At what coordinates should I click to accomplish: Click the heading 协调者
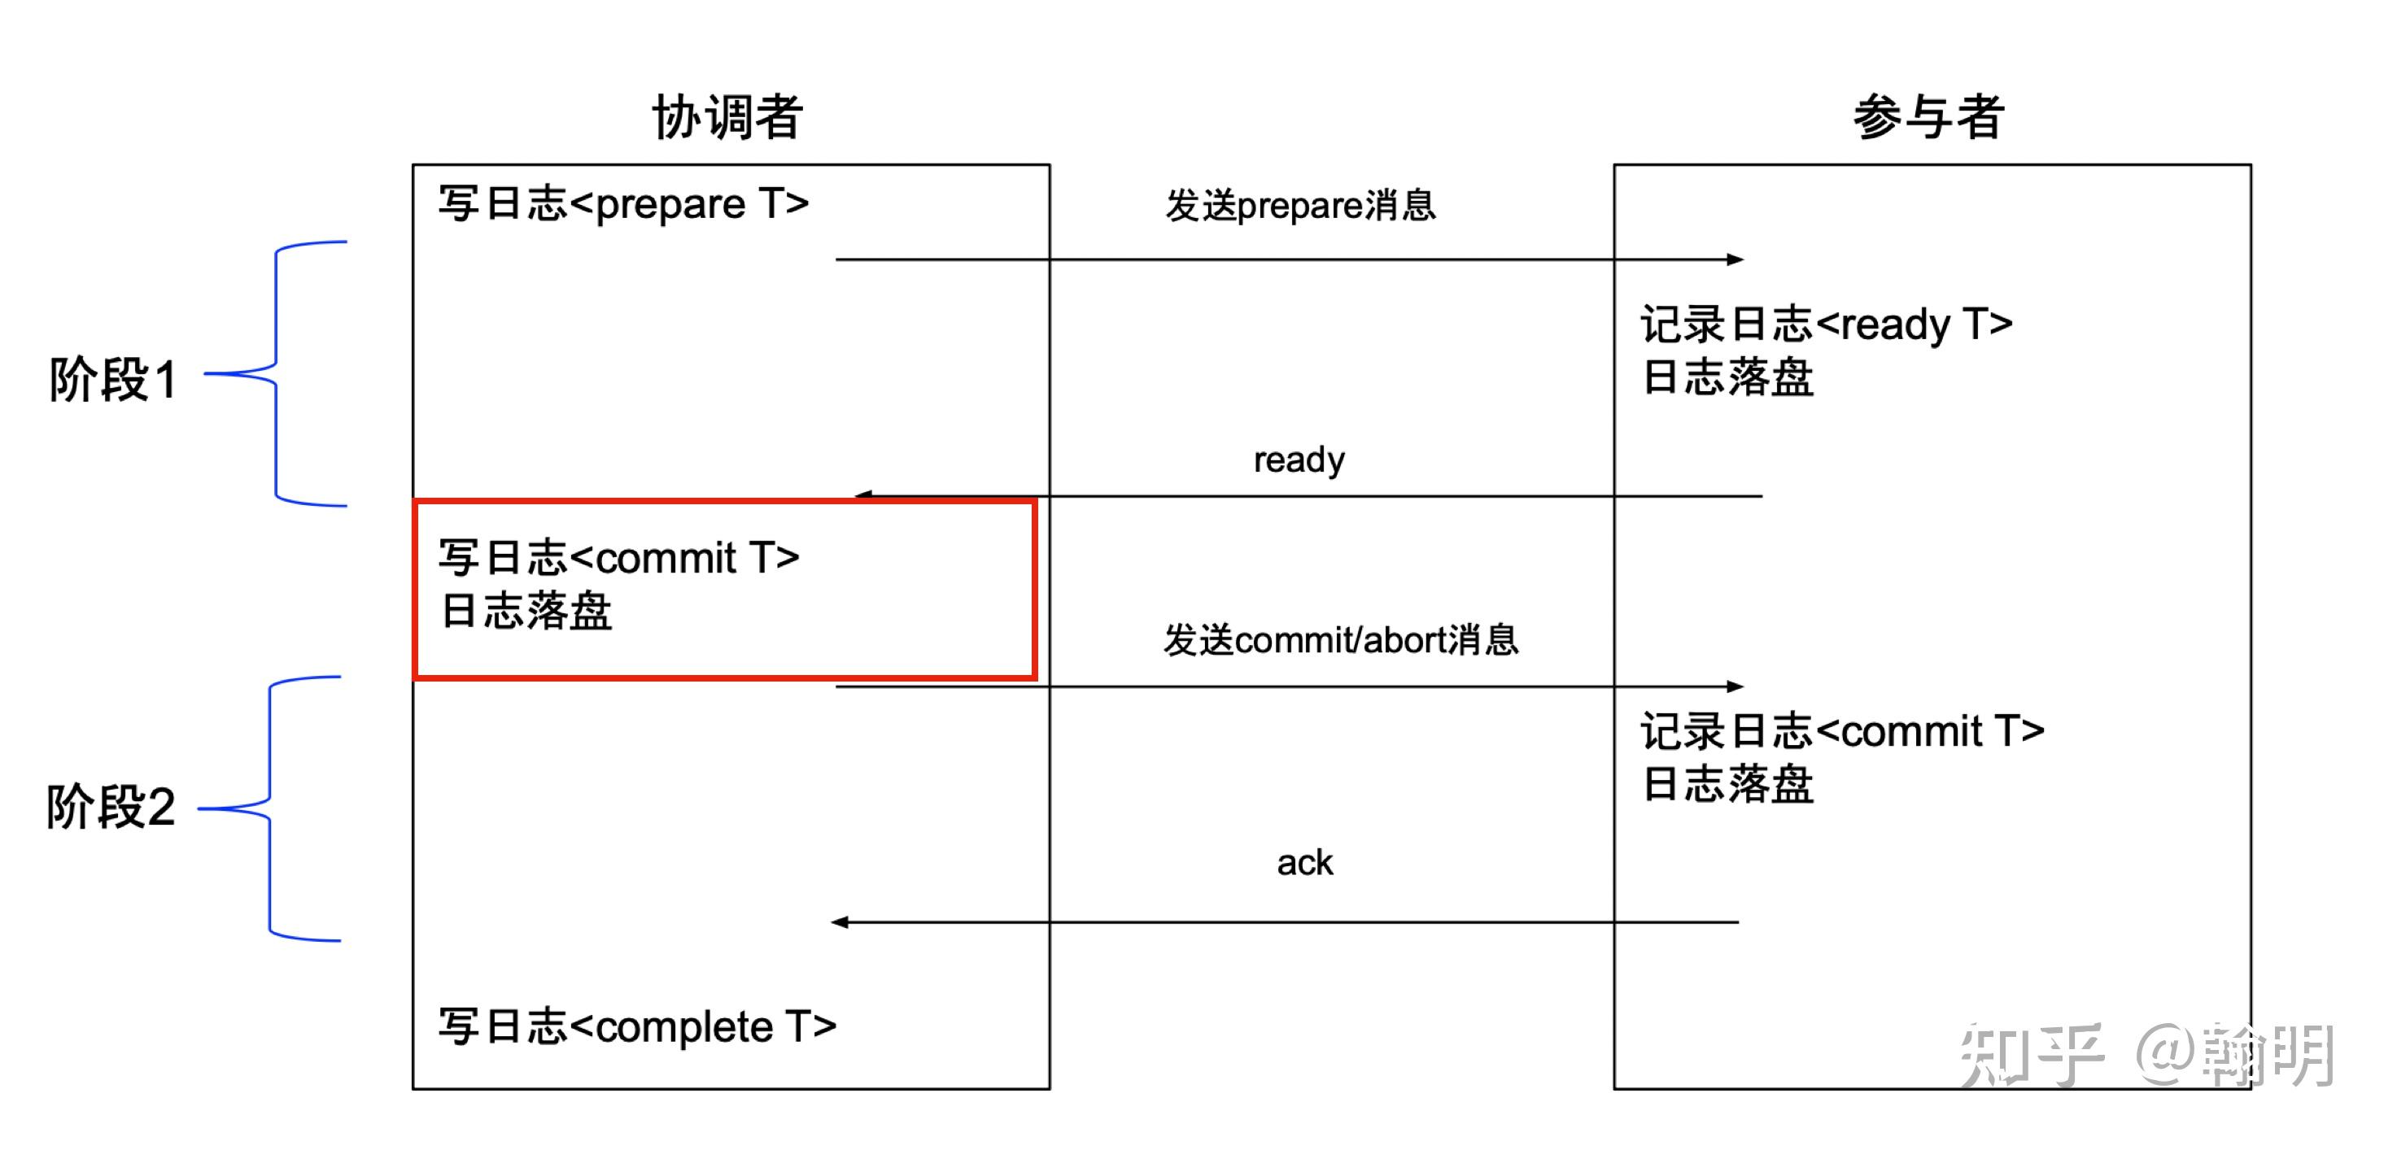pyautogui.click(x=727, y=118)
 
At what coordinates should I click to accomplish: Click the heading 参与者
pyautogui.click(x=1928, y=118)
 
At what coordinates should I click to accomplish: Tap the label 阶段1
pyautogui.click(x=112, y=380)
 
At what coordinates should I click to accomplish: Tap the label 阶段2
pyautogui.click(x=111, y=806)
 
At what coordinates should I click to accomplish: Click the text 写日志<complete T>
pyautogui.click(x=637, y=1027)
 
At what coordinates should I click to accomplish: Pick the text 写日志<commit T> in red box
pyautogui.click(x=619, y=558)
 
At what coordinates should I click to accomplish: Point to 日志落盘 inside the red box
pyautogui.click(x=526, y=612)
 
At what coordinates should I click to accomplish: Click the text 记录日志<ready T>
pyautogui.click(x=1826, y=325)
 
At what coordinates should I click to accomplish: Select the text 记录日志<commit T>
pyautogui.click(x=1841, y=731)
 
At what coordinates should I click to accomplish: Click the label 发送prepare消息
pyautogui.click(x=1300, y=206)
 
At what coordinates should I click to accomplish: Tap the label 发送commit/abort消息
pyautogui.click(x=1340, y=640)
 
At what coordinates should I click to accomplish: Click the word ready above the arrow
pyautogui.click(x=1299, y=460)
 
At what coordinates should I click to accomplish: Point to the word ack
pyautogui.click(x=1304, y=862)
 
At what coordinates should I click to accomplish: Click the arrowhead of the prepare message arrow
pyautogui.click(x=1736, y=259)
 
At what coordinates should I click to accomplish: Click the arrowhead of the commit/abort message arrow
pyautogui.click(x=1736, y=686)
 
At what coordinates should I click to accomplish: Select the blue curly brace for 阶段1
pyautogui.click(x=277, y=373)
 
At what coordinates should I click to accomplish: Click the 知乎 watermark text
pyautogui.click(x=2032, y=1054)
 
